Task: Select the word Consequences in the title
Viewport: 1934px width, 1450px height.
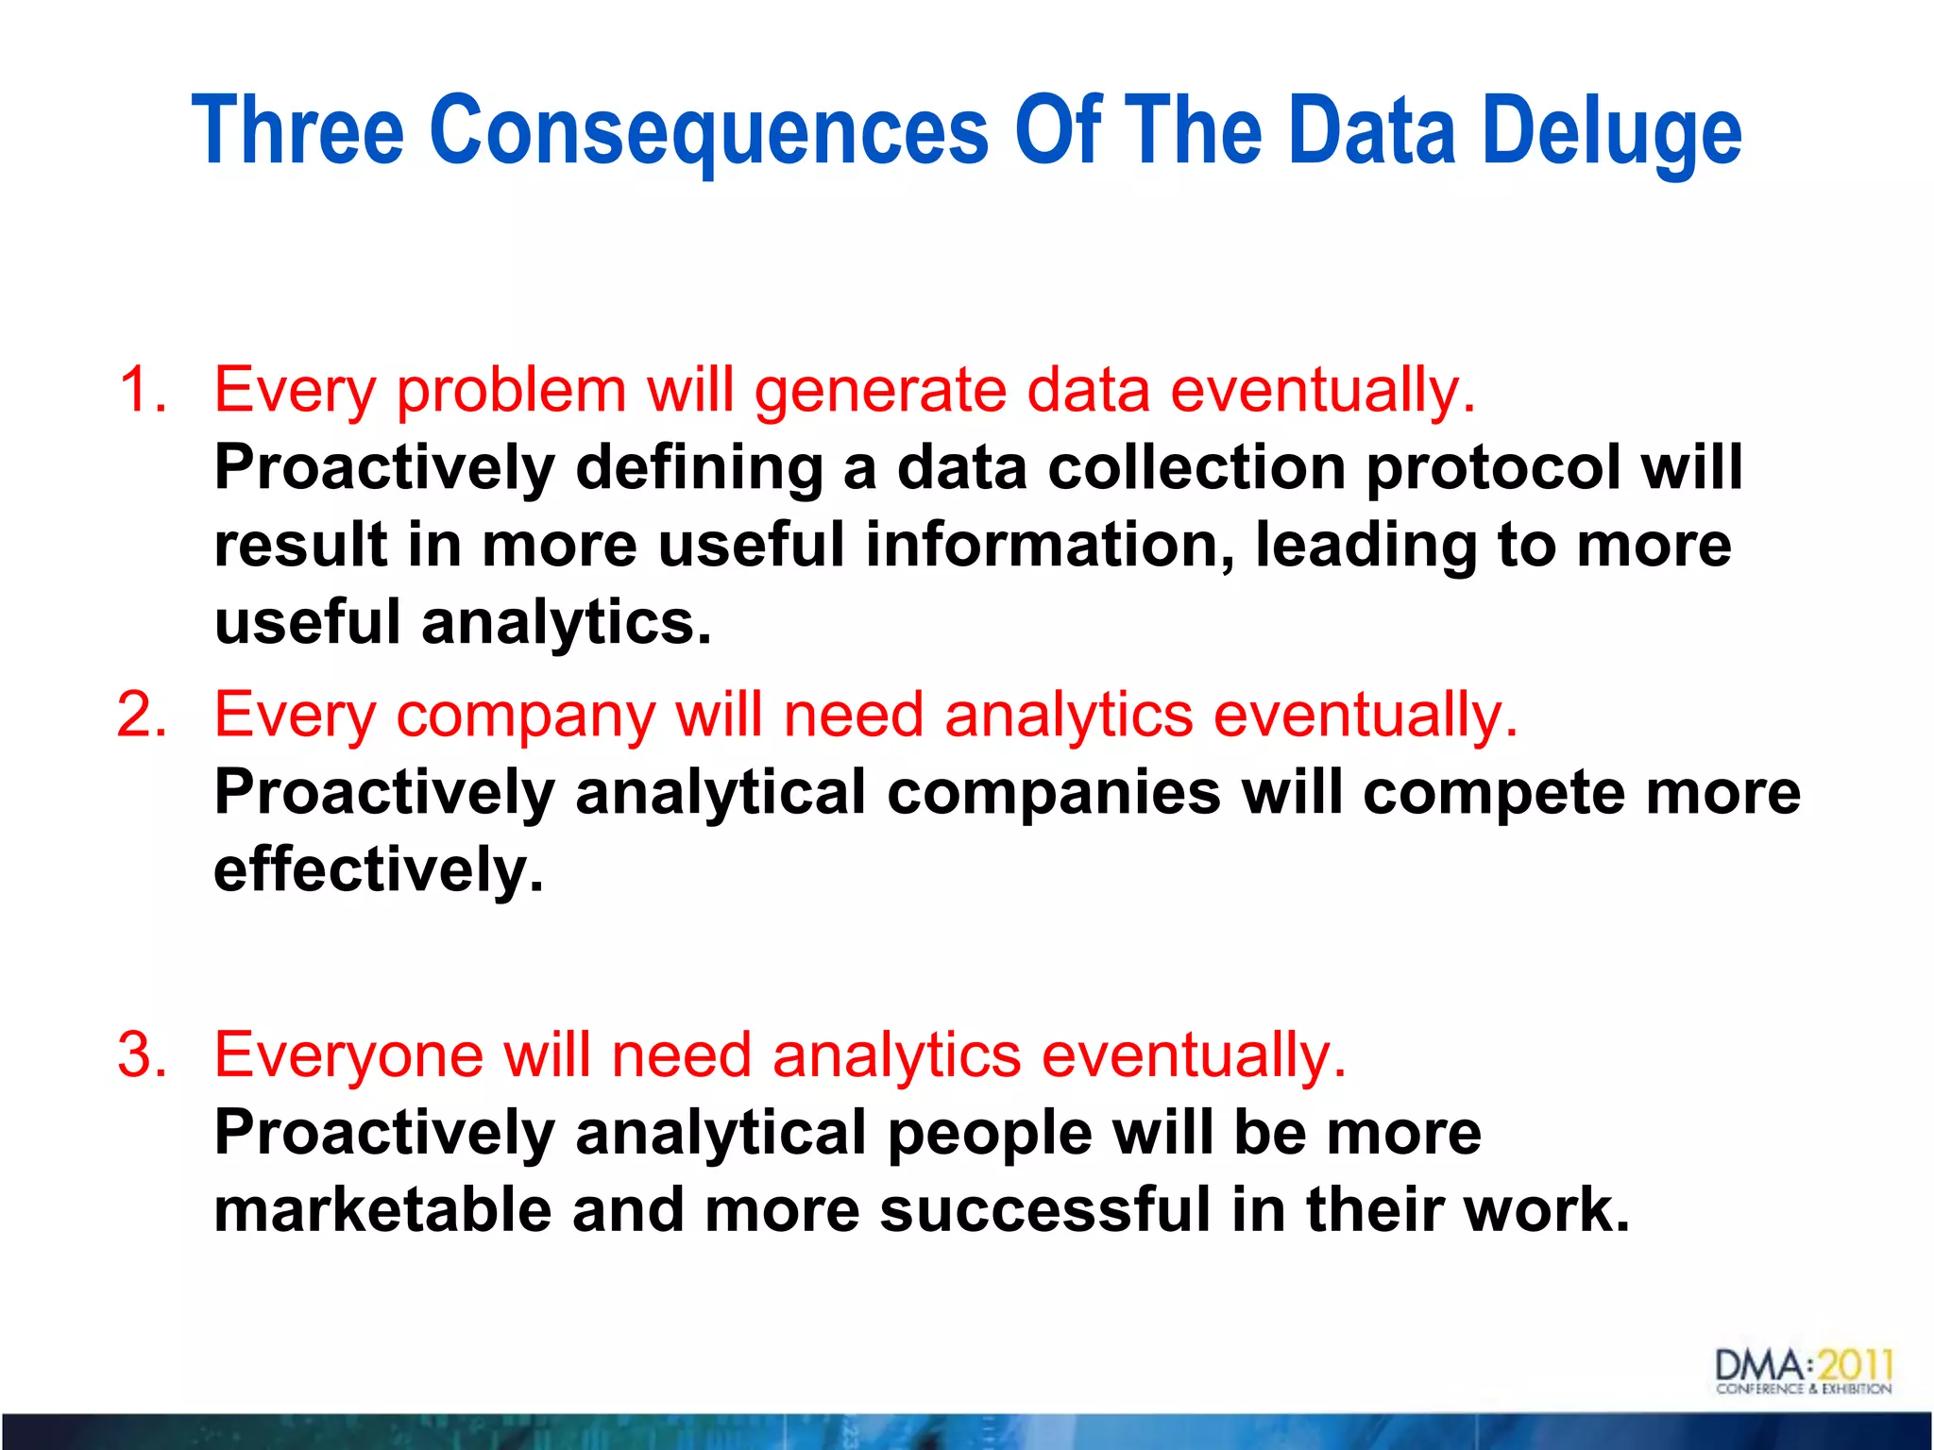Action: (708, 132)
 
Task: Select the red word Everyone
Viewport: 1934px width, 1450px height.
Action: (348, 1056)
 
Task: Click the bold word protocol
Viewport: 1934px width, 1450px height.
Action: (1492, 469)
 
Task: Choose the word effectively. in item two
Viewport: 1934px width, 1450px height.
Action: (379, 869)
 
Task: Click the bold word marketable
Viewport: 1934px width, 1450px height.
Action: (382, 1210)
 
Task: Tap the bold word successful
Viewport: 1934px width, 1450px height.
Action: (1044, 1210)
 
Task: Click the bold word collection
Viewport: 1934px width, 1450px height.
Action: (1196, 468)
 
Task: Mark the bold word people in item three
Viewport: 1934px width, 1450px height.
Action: (990, 1134)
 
